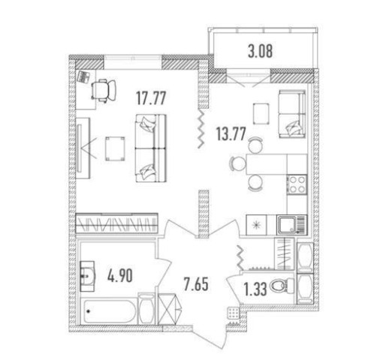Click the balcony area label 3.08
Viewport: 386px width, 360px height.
point(260,52)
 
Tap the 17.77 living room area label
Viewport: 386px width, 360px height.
point(151,98)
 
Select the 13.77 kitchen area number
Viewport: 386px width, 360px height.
point(231,134)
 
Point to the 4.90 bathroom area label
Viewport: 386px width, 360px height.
point(120,276)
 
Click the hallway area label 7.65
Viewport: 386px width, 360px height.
point(196,284)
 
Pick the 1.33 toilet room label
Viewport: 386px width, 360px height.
point(255,290)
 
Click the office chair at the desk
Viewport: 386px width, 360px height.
point(104,91)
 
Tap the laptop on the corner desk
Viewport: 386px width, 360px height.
point(84,76)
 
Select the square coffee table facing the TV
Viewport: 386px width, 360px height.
point(115,148)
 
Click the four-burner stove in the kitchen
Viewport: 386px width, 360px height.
point(297,184)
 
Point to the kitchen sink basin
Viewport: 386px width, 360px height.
point(286,224)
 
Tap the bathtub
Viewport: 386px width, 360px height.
point(108,311)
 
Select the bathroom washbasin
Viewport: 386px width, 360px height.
point(87,276)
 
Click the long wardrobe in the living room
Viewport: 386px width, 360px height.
point(117,223)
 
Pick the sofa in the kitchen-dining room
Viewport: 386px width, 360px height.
point(292,114)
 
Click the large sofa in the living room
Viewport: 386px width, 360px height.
point(151,148)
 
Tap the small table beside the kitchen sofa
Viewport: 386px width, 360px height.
point(261,113)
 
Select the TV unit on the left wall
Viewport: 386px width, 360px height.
point(83,148)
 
